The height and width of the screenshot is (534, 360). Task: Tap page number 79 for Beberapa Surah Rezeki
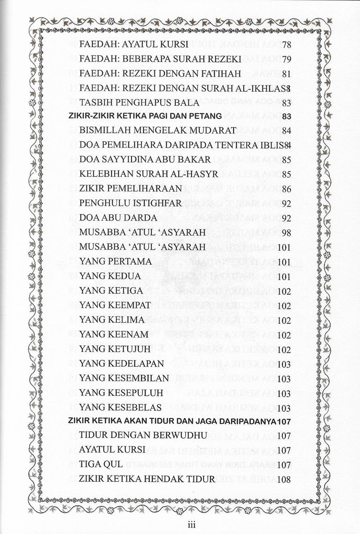point(286,59)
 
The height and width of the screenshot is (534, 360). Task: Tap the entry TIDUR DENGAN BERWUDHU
point(137,435)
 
